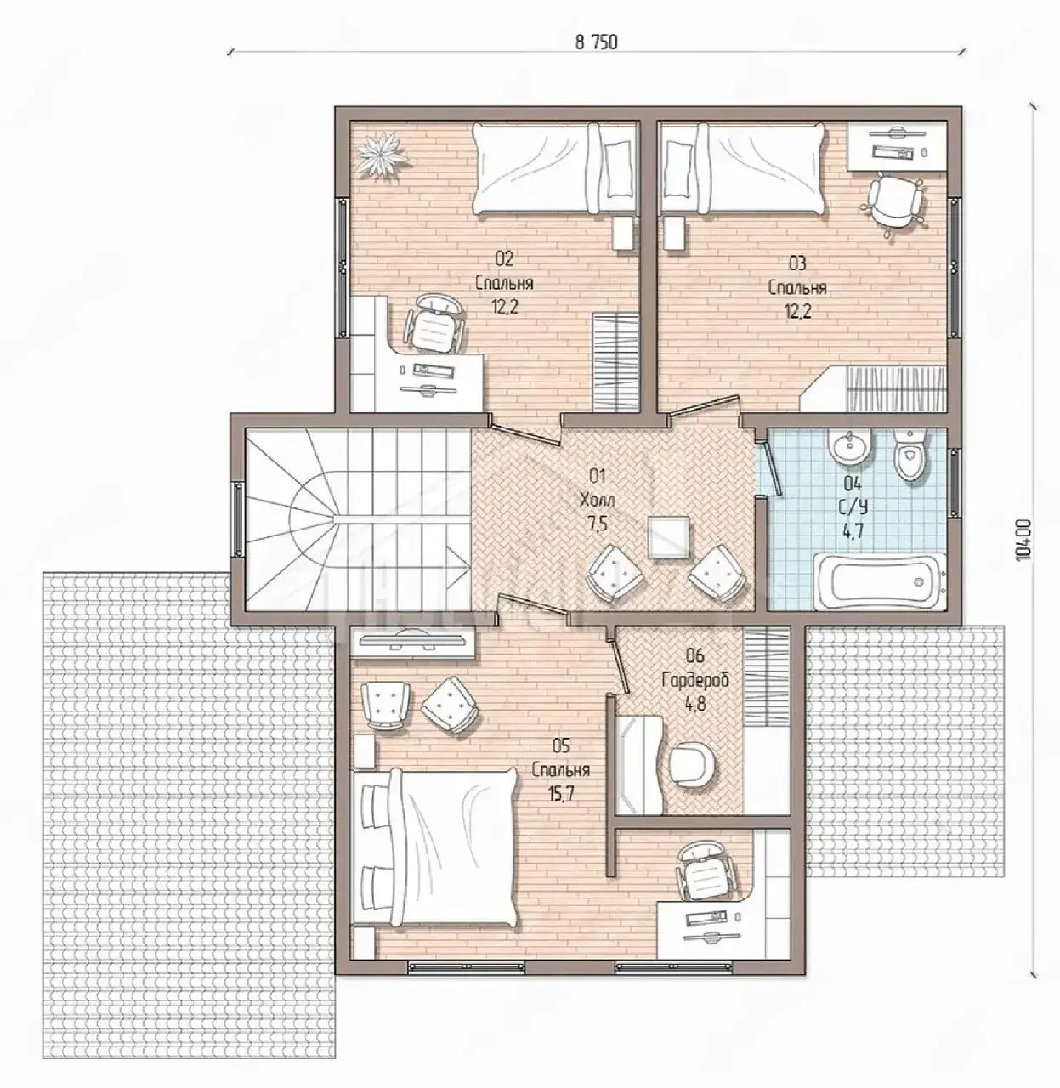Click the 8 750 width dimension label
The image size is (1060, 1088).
click(597, 42)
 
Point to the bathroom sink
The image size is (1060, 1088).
click(850, 447)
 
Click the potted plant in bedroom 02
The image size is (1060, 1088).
click(383, 154)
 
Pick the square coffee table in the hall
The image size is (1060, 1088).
click(668, 536)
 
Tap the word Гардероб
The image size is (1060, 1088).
click(695, 680)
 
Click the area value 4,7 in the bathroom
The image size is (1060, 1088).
click(853, 530)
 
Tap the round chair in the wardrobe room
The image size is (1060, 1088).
click(692, 762)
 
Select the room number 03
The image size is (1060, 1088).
click(796, 263)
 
